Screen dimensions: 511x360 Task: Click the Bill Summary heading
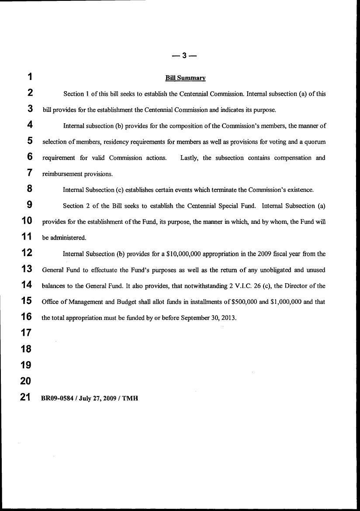(x=185, y=78)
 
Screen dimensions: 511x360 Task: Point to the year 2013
(x=228, y=318)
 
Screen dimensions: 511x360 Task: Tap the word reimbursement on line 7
(x=61, y=174)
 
